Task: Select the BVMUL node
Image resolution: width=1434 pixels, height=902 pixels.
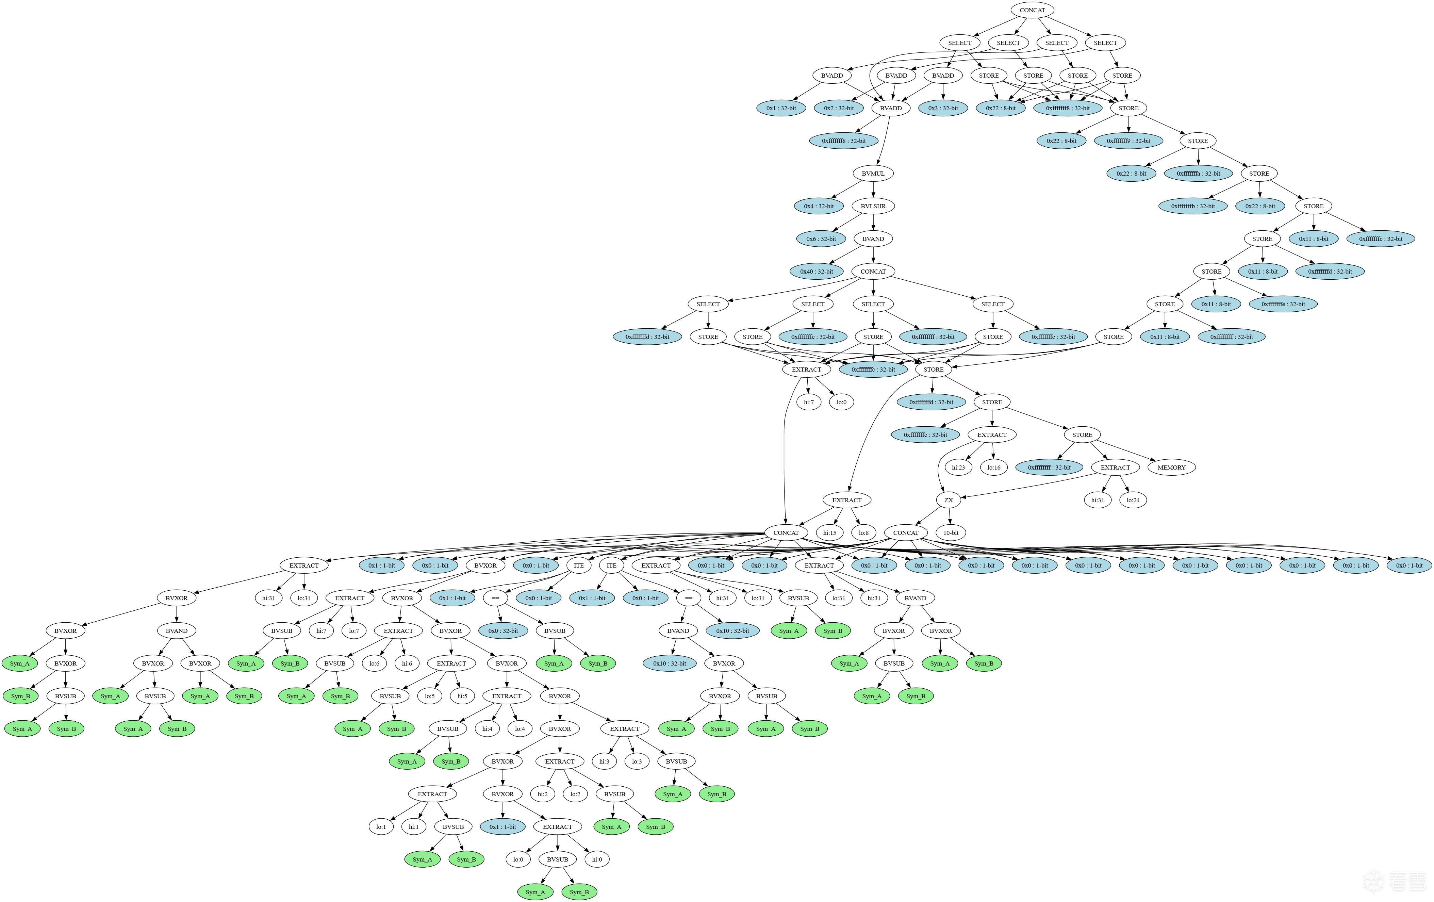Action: (873, 174)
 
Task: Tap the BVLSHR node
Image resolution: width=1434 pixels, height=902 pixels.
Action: (873, 206)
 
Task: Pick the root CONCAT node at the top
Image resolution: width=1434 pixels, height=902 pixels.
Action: (1032, 10)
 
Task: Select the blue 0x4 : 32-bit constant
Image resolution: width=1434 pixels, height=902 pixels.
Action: (819, 206)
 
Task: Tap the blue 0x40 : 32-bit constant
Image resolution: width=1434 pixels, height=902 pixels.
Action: (817, 272)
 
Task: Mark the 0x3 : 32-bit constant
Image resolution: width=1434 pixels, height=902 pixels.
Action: (943, 109)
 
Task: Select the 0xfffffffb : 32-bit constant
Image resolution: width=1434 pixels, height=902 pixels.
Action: (1193, 206)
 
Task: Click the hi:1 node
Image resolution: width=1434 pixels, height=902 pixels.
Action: (413, 826)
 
